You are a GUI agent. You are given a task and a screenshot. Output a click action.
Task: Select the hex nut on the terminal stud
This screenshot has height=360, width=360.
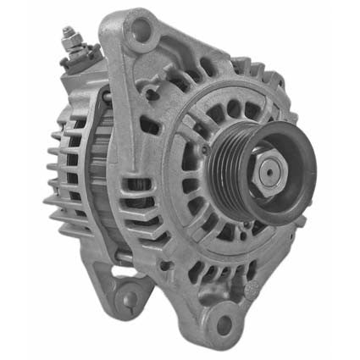(x=69, y=44)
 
